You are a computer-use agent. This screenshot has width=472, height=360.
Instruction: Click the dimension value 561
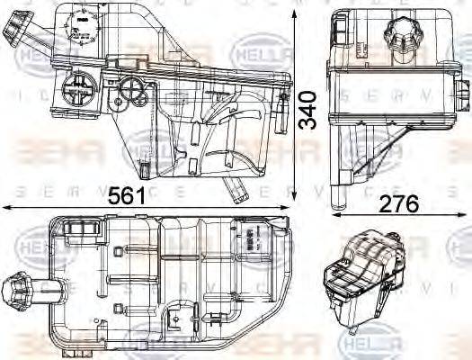pos(129,196)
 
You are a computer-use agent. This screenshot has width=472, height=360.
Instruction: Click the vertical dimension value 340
pos(308,109)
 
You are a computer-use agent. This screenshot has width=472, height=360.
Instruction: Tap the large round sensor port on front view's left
pos(76,90)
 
